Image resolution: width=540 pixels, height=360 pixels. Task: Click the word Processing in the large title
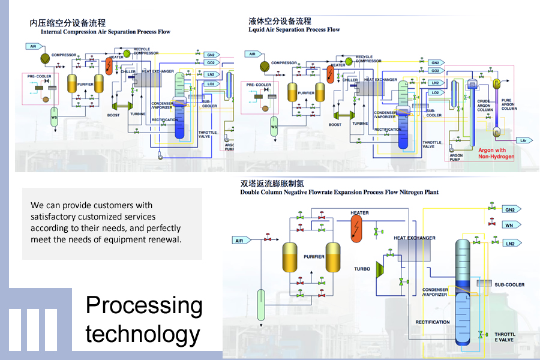tap(144, 306)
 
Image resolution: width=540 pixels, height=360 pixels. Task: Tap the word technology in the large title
tap(143, 334)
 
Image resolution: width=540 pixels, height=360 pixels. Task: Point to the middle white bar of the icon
tap(34, 329)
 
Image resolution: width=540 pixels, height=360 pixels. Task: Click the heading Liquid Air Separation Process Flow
tap(294, 29)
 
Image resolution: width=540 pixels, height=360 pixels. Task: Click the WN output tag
tap(509, 224)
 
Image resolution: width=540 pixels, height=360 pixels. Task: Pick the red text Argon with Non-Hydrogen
tap(492, 153)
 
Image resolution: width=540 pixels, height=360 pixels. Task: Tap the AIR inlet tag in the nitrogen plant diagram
tap(241, 241)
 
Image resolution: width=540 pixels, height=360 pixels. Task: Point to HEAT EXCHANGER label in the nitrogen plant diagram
tap(415, 238)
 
